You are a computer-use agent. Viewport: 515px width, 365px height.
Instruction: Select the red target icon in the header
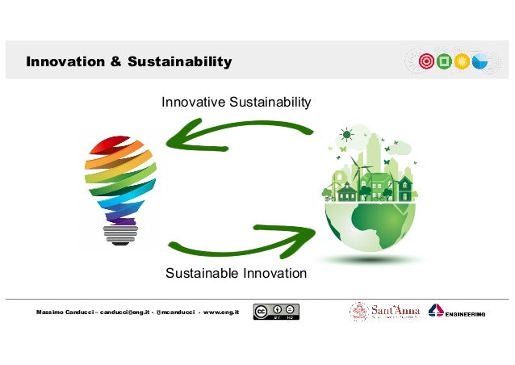(426, 61)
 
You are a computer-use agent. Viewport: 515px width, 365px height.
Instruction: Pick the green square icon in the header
(444, 61)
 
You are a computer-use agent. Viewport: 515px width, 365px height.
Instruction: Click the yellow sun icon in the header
(462, 61)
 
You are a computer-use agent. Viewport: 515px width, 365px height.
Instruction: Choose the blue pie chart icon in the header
(479, 61)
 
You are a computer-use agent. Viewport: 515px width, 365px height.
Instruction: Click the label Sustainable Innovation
(236, 273)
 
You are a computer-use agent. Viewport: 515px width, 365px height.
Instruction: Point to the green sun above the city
(347, 134)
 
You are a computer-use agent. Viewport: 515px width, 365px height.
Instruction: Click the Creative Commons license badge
(276, 312)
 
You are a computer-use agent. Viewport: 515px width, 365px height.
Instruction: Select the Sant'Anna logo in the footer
(383, 312)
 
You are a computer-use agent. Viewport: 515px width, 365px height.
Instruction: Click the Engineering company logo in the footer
(457, 312)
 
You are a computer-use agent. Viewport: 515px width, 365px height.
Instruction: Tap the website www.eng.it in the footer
(218, 313)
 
